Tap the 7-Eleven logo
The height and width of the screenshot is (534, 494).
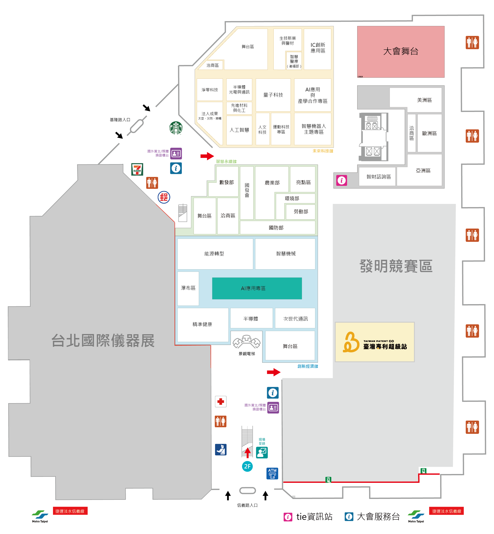[137, 169]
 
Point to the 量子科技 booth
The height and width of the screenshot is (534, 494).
[273, 95]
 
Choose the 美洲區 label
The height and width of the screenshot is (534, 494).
[424, 100]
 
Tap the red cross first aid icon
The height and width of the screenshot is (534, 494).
[221, 401]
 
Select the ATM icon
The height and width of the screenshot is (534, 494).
[272, 473]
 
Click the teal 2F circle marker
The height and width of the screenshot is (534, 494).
[247, 466]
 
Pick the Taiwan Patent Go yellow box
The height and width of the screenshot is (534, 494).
[374, 342]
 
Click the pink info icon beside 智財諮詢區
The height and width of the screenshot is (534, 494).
[341, 180]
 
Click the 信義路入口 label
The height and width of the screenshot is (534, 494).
[247, 505]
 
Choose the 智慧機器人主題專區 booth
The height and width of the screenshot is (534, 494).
[313, 129]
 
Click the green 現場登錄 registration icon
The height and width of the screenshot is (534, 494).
[262, 453]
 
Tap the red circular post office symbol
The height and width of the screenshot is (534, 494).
[164, 197]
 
